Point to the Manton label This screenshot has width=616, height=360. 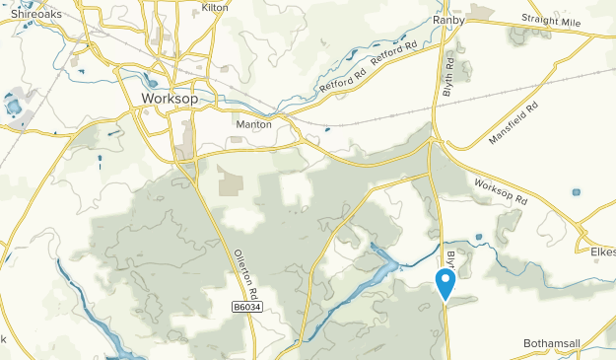[x=254, y=124]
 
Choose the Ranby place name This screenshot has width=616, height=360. [x=448, y=19]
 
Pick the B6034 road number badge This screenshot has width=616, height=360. [x=249, y=308]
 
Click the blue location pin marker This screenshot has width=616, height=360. [x=445, y=283]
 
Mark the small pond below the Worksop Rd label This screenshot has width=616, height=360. [x=478, y=237]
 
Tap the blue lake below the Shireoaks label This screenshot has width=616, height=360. [x=16, y=105]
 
